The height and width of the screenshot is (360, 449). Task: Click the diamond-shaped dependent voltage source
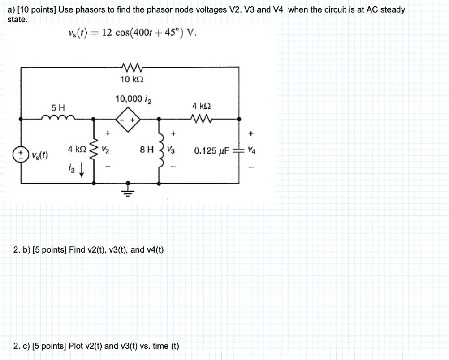coord(128,120)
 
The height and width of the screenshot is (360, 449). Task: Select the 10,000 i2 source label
coord(133,99)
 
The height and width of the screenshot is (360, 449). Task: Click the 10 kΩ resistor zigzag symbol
coord(131,68)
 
